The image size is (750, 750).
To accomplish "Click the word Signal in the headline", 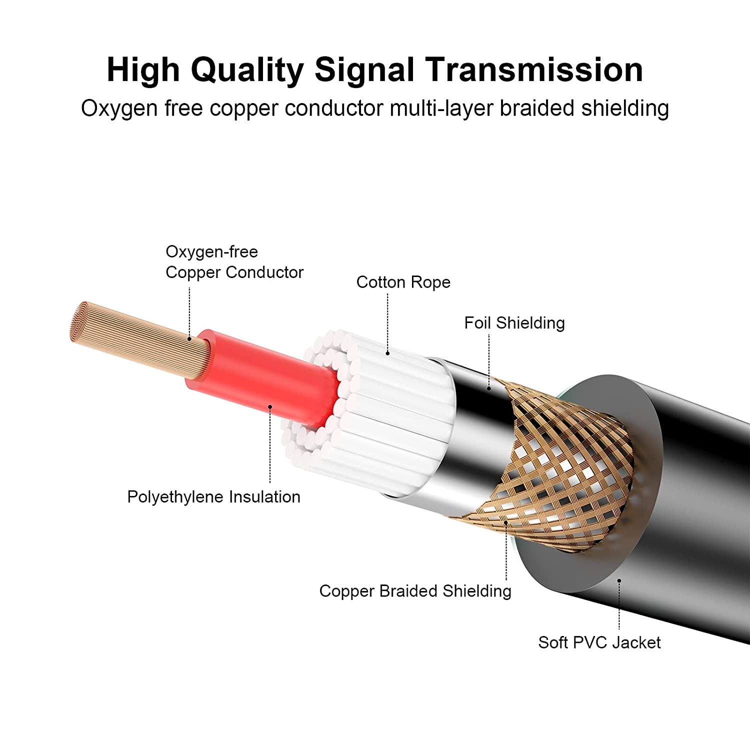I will click(364, 70).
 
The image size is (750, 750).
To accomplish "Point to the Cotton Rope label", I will click(403, 282).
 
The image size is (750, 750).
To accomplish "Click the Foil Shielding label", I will click(514, 323).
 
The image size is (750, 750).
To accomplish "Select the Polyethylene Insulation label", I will click(213, 497).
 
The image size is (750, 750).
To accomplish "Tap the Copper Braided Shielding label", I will click(415, 591).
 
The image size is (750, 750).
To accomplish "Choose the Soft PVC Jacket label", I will click(599, 642).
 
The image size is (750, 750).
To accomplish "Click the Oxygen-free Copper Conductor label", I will click(234, 262).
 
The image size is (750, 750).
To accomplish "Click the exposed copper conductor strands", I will click(135, 340).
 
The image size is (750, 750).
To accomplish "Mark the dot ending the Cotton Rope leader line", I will click(387, 353).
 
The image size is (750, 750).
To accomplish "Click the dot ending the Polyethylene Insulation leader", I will click(270, 407).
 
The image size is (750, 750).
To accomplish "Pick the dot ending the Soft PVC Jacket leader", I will click(619, 581).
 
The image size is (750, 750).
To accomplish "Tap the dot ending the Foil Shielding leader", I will click(489, 388).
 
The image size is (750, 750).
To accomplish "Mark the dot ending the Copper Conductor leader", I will click(189, 339).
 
